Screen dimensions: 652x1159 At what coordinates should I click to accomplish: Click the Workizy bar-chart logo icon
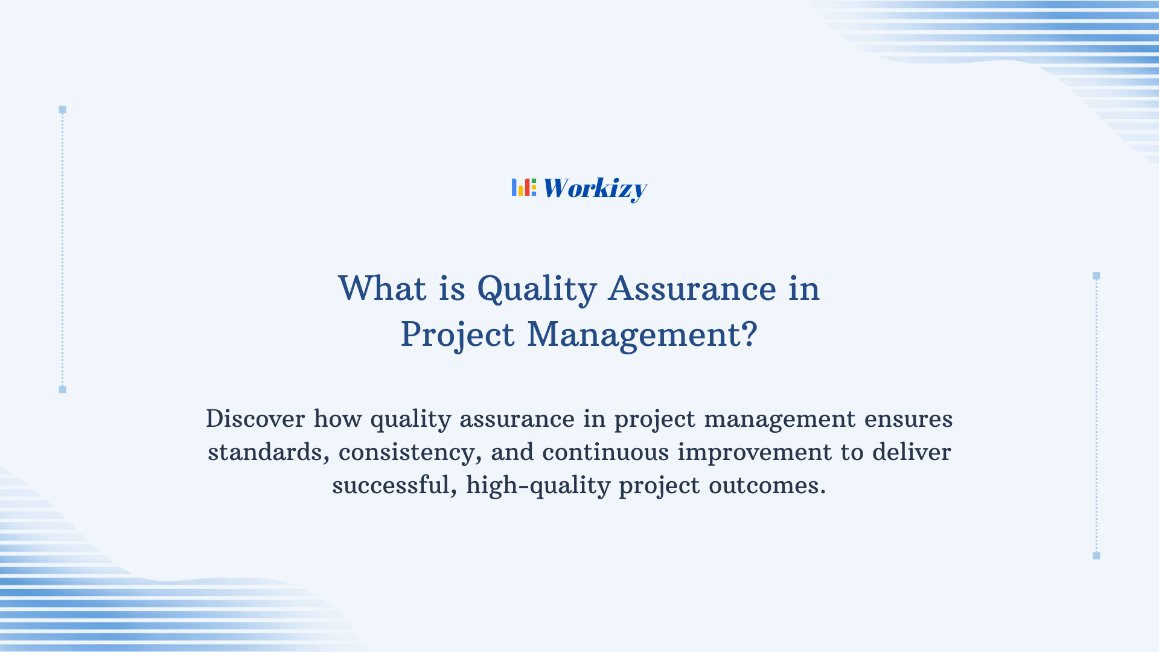(x=523, y=188)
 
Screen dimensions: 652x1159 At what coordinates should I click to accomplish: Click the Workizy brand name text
(x=595, y=188)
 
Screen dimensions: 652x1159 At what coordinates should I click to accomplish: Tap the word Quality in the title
(x=537, y=289)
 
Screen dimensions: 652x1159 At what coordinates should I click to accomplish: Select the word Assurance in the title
(x=692, y=289)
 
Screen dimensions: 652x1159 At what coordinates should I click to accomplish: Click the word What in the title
(x=382, y=289)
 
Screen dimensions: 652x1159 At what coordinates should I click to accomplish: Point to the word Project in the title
(x=458, y=335)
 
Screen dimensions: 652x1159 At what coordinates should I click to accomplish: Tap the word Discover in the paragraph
(x=255, y=419)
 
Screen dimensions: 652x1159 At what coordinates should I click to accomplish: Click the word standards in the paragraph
(x=268, y=452)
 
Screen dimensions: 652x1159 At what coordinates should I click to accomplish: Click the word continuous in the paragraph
(x=605, y=452)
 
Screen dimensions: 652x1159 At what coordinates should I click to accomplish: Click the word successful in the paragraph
(x=394, y=485)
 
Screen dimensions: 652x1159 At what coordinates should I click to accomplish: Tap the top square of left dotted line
(x=62, y=110)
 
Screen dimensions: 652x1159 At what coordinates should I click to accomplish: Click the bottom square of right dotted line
(x=1096, y=555)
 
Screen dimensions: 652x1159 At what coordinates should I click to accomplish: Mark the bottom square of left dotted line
(x=62, y=389)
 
